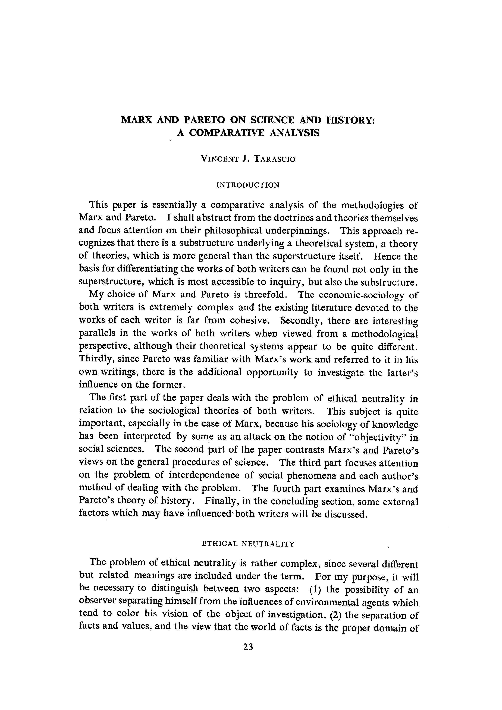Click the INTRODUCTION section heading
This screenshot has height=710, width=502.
click(248, 185)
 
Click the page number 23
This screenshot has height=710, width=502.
click(248, 647)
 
